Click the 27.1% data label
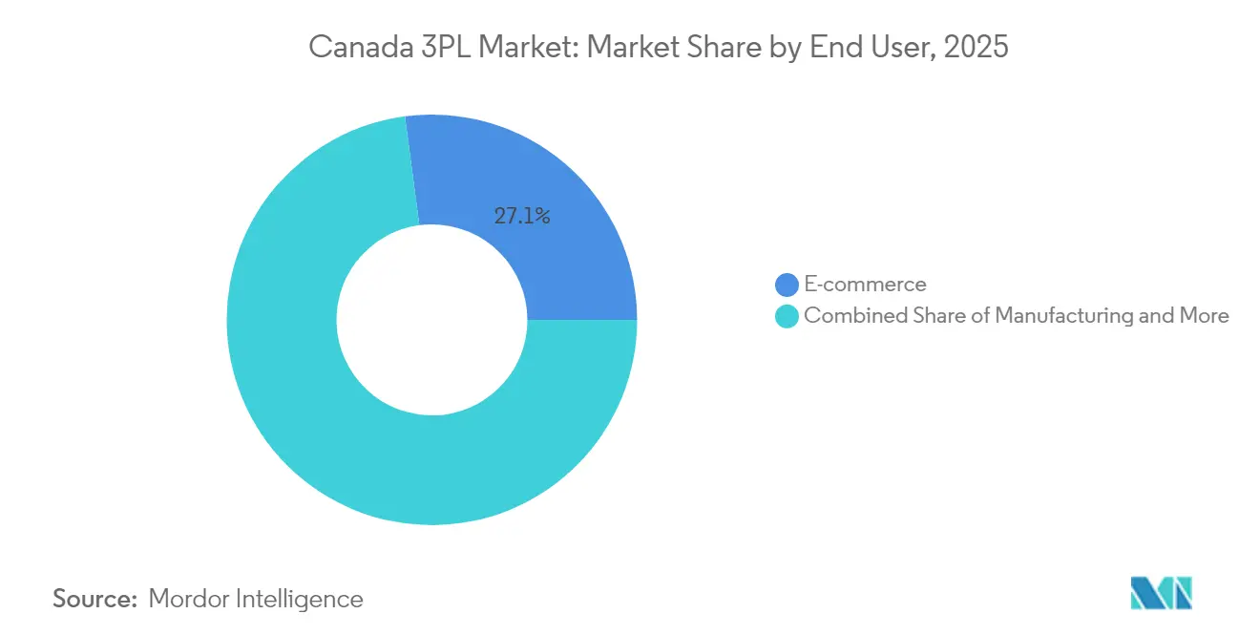pyautogui.click(x=521, y=217)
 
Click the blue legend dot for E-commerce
pyautogui.click(x=787, y=285)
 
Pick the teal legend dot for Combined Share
pyautogui.click(x=787, y=316)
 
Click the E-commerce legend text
pyautogui.click(x=865, y=285)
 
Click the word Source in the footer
pyautogui.click(x=94, y=599)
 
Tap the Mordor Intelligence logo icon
pyautogui.click(x=1161, y=594)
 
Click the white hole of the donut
pyautogui.click(x=431, y=320)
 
